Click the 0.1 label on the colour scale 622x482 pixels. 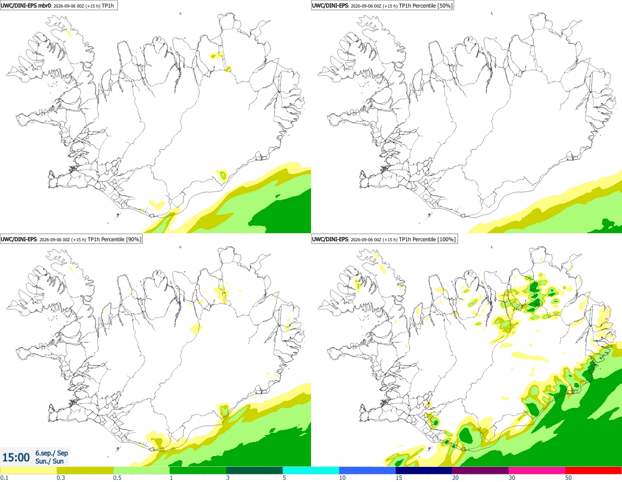[4, 478]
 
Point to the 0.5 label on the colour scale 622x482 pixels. [117, 478]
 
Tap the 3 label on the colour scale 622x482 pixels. [228, 478]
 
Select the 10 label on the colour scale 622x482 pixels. [342, 478]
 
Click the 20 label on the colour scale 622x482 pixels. [455, 478]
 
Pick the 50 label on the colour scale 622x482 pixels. [568, 478]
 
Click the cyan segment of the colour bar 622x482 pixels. [310, 471]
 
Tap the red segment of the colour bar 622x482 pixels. [593, 471]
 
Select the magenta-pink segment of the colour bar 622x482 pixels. [537, 471]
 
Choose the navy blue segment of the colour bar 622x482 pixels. [424, 471]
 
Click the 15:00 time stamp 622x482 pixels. [16, 458]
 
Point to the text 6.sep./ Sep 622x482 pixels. [51, 453]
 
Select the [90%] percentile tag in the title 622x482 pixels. [133, 239]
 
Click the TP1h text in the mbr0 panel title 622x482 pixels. [108, 5]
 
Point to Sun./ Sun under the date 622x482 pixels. [49, 461]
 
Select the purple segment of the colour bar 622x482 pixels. [480, 471]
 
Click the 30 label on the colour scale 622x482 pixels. [512, 478]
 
